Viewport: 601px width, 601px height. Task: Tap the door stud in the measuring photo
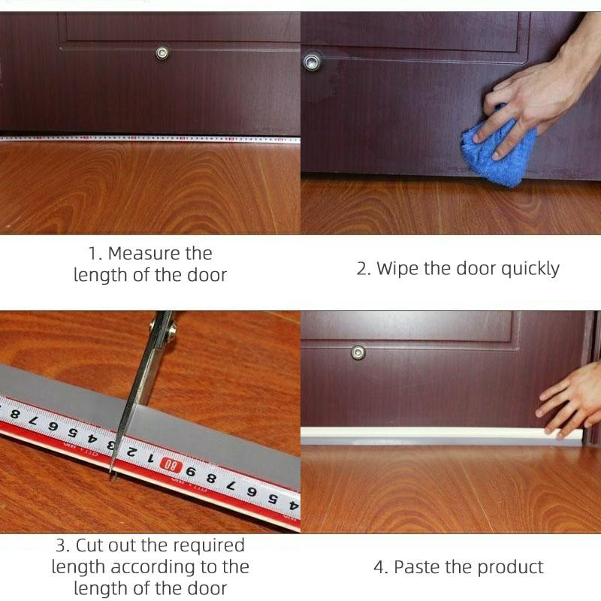(162, 53)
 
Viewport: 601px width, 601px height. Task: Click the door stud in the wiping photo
(312, 62)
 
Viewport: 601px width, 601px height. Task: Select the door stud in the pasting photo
(358, 352)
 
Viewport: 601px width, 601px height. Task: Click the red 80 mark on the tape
(171, 465)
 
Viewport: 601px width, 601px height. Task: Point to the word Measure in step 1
(160, 253)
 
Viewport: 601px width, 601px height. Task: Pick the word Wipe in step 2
(397, 268)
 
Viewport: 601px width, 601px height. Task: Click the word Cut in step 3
(90, 545)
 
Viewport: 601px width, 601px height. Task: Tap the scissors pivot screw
(172, 328)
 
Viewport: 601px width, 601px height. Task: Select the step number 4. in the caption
(381, 567)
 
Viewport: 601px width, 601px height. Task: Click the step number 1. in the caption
(95, 254)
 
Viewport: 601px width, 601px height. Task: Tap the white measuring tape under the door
(149, 138)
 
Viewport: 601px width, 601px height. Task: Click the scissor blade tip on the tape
(113, 478)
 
